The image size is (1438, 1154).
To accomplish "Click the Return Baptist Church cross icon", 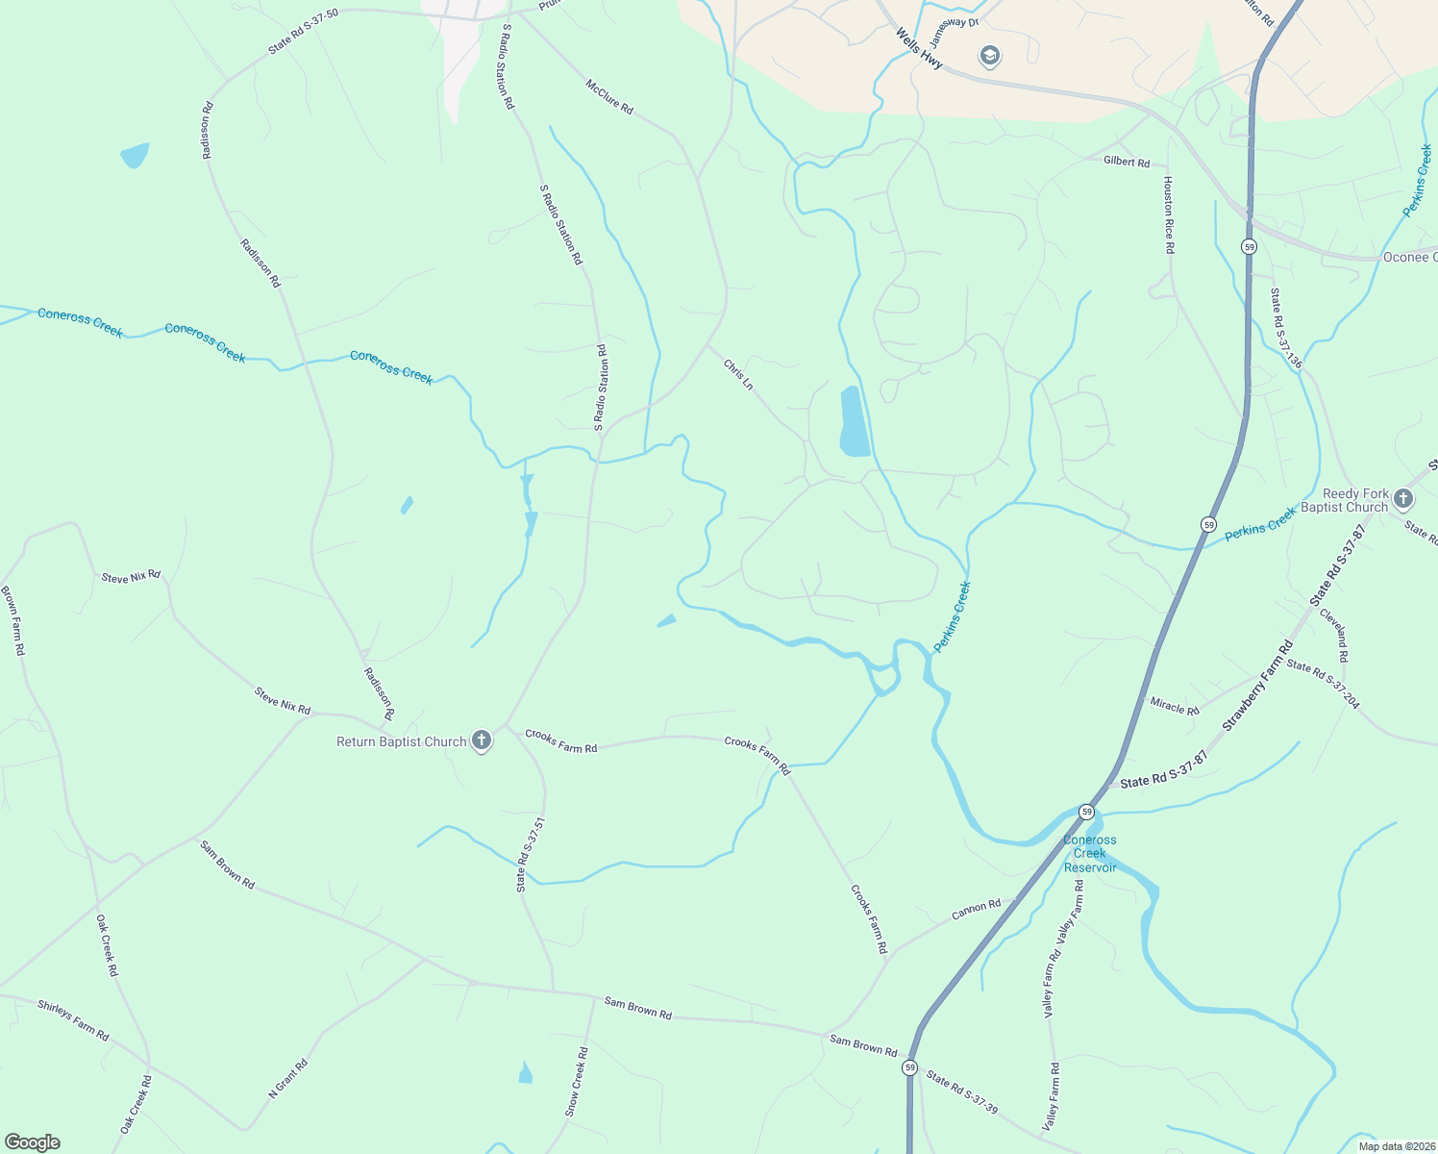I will click(483, 740).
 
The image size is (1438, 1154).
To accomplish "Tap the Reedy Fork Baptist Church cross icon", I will click(1403, 498).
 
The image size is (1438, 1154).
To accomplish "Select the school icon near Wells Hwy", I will click(989, 56).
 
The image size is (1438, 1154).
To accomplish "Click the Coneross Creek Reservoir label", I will click(1089, 853).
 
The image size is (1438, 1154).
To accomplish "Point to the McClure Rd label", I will click(609, 97).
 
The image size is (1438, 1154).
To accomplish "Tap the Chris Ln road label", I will click(738, 374).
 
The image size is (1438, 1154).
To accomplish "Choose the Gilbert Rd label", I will click(1127, 162).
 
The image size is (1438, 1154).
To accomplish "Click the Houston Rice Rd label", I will click(1169, 214).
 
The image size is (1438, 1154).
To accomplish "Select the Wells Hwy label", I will click(919, 48).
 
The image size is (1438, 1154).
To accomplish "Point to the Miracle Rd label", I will click(1175, 706).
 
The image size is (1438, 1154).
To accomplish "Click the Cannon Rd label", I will click(977, 909).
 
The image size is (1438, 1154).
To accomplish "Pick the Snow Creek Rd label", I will click(577, 1082).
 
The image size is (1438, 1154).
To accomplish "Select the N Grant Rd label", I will click(287, 1079).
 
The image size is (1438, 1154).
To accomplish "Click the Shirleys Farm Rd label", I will click(73, 1020).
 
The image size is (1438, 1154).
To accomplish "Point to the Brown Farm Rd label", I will click(12, 620).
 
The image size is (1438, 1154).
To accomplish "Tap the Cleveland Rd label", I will click(1334, 635).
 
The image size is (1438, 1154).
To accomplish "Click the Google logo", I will click(33, 1141).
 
